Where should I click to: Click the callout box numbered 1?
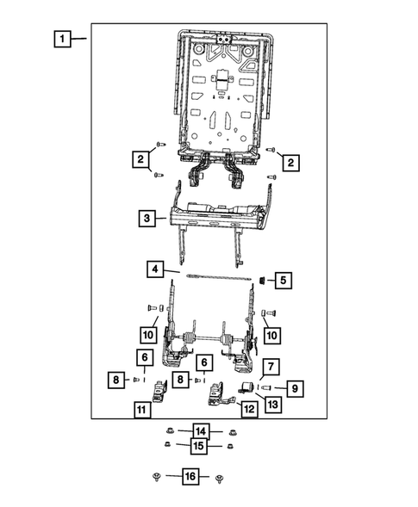pos(61,39)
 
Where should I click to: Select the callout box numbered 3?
pos(148,219)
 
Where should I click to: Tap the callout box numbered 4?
pos(154,270)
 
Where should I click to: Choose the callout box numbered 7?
pos(269,368)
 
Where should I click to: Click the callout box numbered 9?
pos(294,390)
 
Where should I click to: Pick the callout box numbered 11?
pos(140,410)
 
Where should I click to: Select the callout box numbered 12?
pos(249,410)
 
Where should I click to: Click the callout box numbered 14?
pos(200,431)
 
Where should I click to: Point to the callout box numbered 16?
pos(190,475)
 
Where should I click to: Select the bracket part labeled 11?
pos(160,393)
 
